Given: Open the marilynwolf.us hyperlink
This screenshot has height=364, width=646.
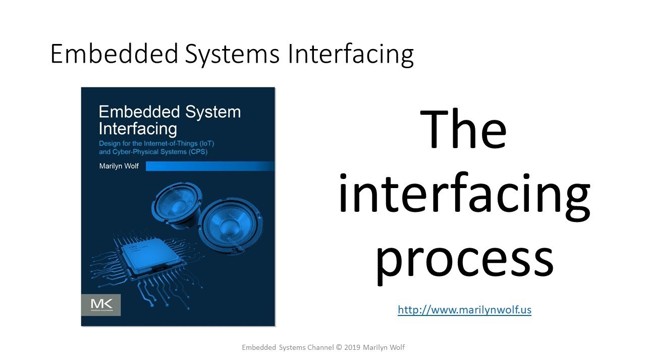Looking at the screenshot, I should pyautogui.click(x=464, y=310).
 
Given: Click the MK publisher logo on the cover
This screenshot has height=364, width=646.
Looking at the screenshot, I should pyautogui.click(x=101, y=305).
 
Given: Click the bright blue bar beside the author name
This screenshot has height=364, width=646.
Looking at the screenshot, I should pyautogui.click(x=210, y=166).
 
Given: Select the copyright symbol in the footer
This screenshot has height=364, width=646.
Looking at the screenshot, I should pyautogui.click(x=339, y=347).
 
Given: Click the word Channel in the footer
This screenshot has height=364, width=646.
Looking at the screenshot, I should pyautogui.click(x=320, y=347).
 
